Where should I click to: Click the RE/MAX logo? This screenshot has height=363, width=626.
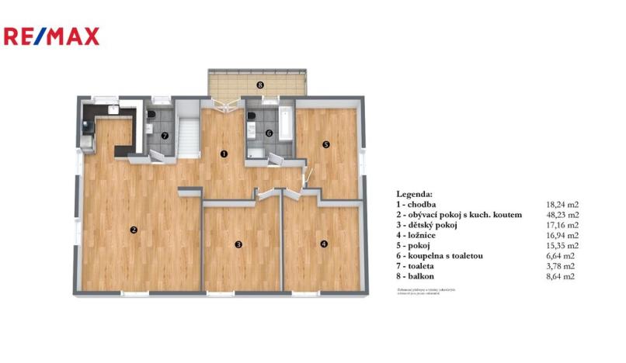pos(52,36)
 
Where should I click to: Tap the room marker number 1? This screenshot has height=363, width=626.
pos(224,154)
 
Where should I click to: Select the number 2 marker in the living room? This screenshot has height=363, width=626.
pos(134,229)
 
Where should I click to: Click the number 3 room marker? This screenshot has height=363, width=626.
pos(239,244)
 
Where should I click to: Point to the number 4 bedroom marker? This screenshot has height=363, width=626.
pos(324,244)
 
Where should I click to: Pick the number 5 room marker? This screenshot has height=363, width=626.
pos(326,144)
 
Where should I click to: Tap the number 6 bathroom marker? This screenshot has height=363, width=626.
pos(268,133)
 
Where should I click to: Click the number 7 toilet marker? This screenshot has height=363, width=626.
pos(164,135)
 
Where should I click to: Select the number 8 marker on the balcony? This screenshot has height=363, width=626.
pos(260,84)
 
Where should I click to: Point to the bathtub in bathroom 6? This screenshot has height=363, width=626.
pos(285,123)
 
